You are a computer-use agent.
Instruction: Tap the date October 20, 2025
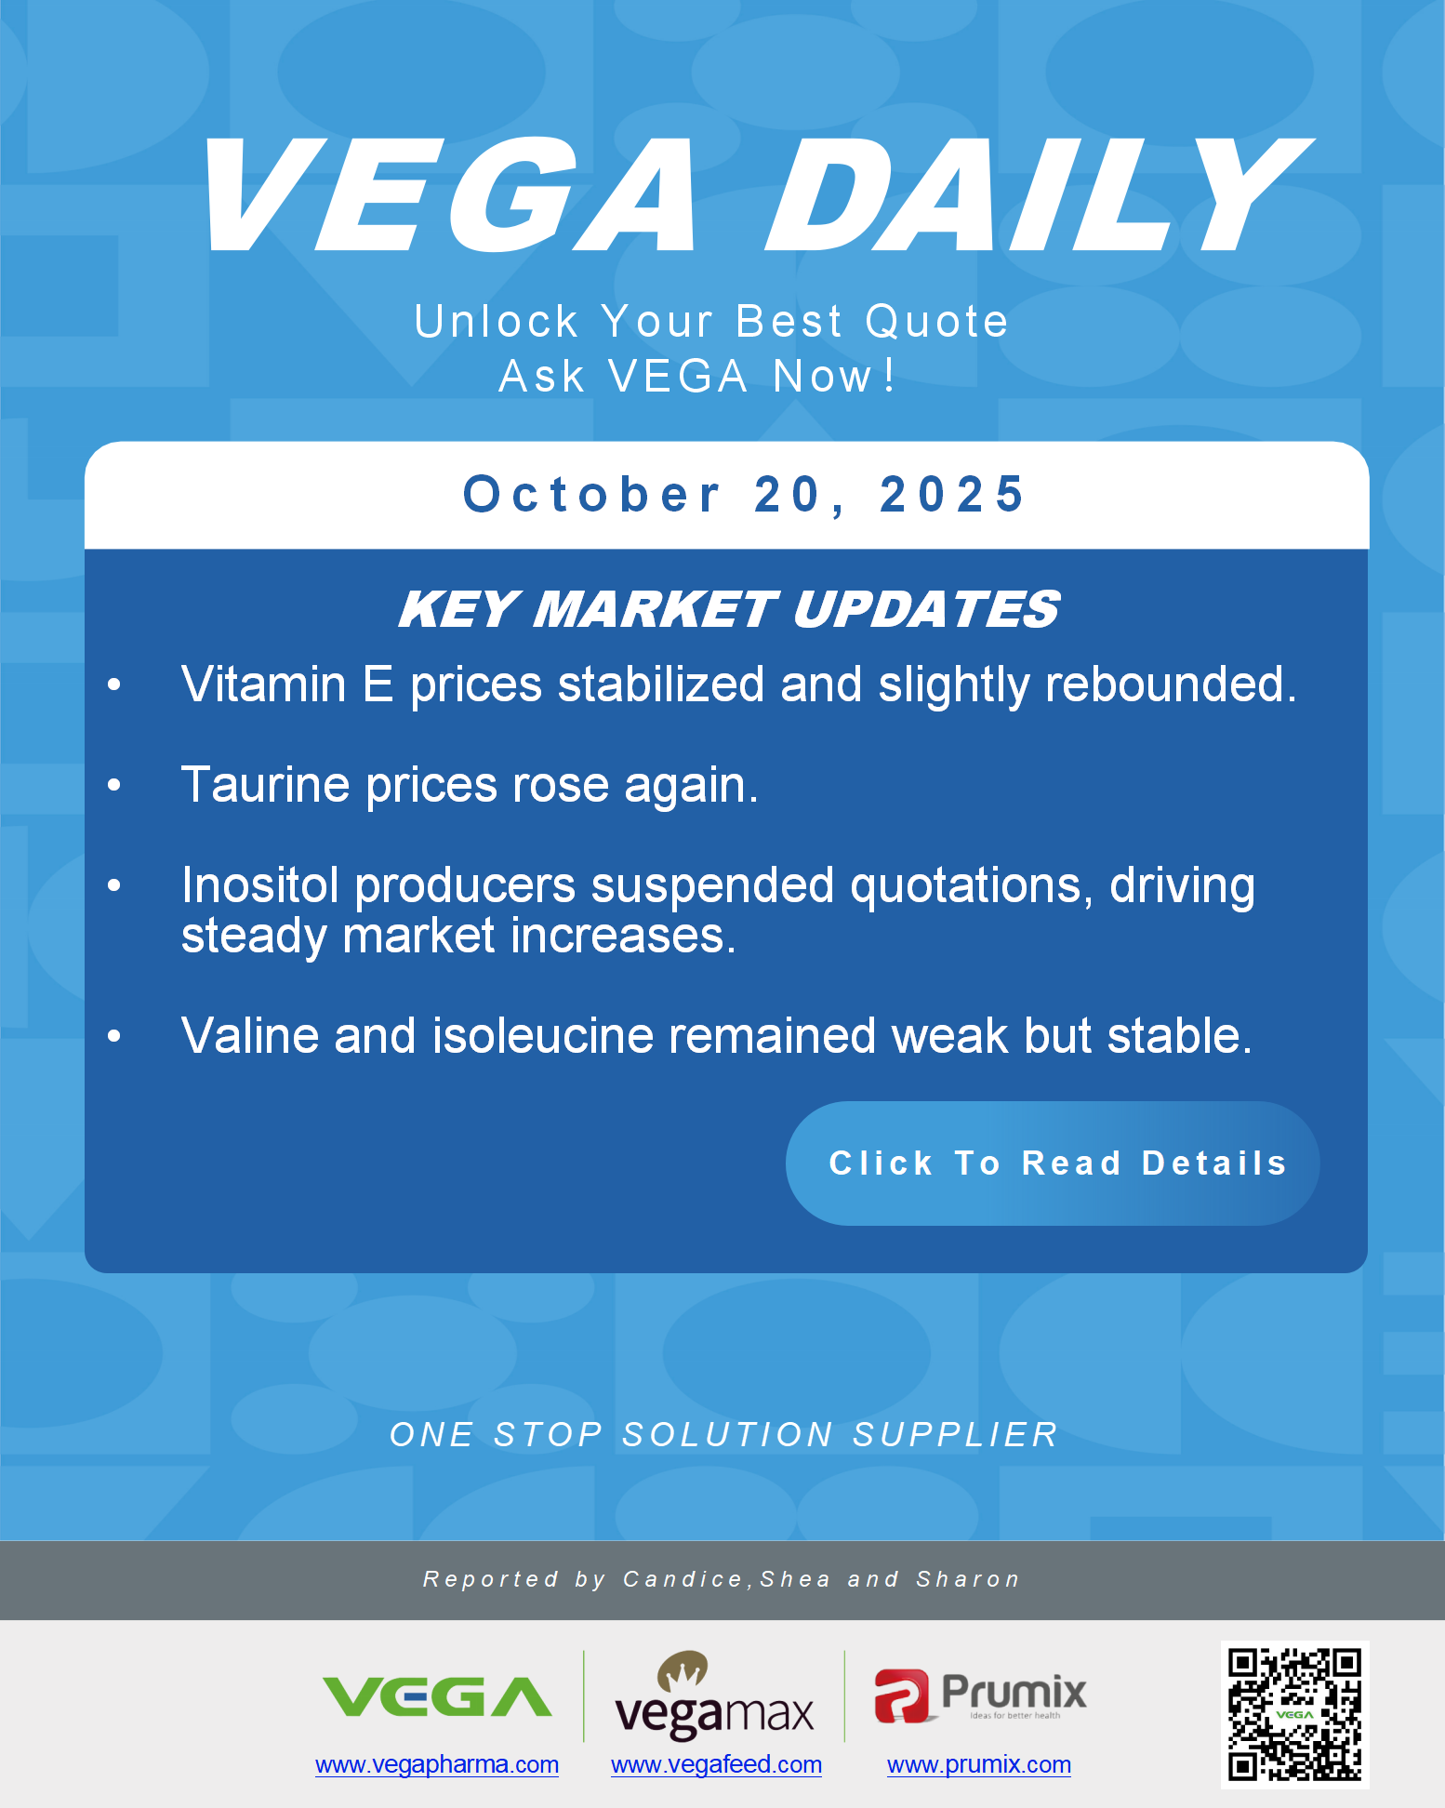[744, 494]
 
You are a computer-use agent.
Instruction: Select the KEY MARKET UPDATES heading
[729, 610]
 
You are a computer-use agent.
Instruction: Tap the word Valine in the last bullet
[250, 1036]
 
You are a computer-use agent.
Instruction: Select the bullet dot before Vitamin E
[114, 685]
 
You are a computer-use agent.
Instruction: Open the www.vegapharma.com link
[437, 1764]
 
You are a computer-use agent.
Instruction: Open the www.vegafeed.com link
[716, 1764]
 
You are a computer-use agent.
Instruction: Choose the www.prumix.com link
[978, 1764]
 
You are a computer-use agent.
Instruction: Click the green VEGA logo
[437, 1697]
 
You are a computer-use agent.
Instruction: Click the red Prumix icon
[900, 1695]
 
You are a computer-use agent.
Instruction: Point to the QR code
[1294, 1714]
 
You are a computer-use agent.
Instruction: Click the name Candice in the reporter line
[683, 1579]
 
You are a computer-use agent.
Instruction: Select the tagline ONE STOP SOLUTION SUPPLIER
[723, 1434]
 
